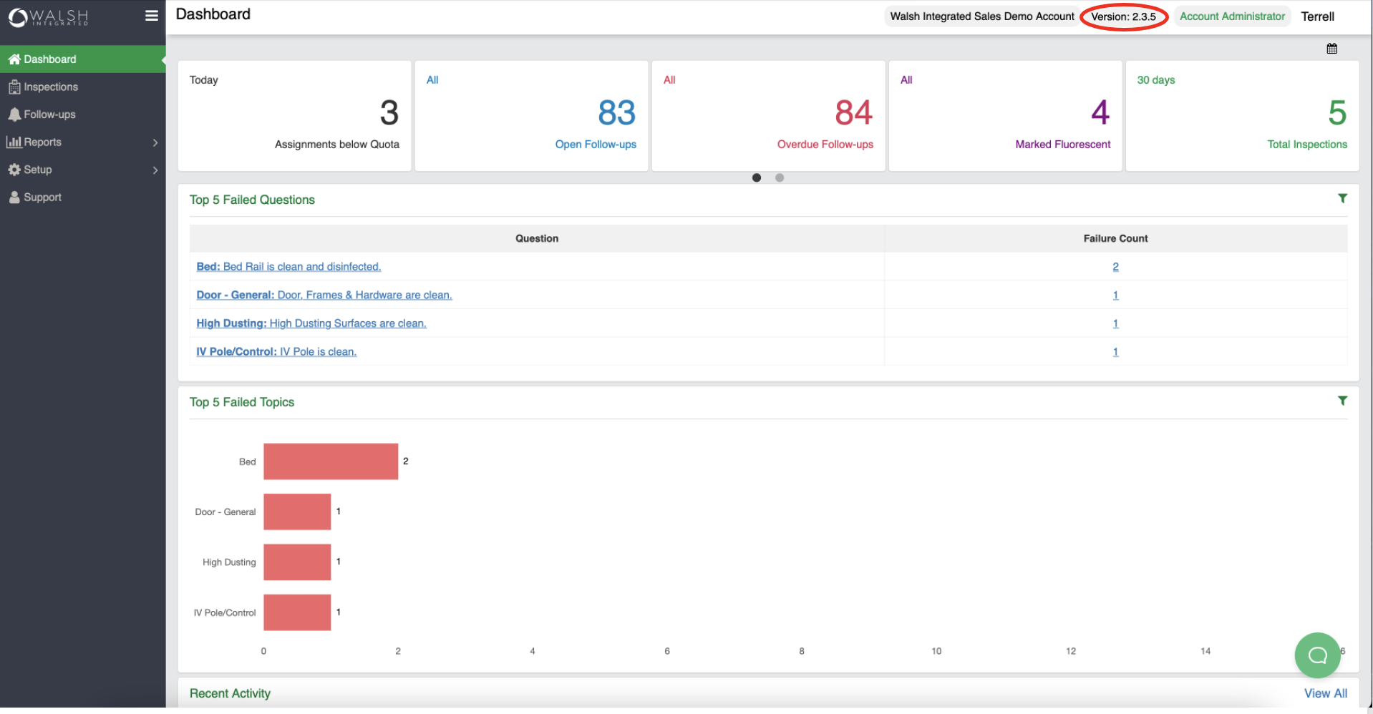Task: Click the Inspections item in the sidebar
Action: (50, 87)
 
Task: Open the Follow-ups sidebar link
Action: (49, 114)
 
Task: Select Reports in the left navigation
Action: (43, 142)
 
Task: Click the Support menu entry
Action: (42, 197)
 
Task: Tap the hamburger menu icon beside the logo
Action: (151, 16)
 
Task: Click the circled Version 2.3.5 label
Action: (1123, 16)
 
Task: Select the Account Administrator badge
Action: (1232, 16)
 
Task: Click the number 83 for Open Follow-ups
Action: (616, 113)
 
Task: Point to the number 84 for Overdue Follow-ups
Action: (853, 113)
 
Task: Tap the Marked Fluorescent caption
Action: (1062, 145)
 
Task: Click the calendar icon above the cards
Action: (1331, 49)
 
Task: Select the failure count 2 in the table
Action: (1115, 267)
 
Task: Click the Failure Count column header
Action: (1115, 239)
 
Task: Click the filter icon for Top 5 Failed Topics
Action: (1342, 401)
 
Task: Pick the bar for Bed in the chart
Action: (330, 461)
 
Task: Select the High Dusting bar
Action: (297, 562)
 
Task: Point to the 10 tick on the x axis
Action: (936, 651)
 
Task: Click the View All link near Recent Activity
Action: (1325, 693)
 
